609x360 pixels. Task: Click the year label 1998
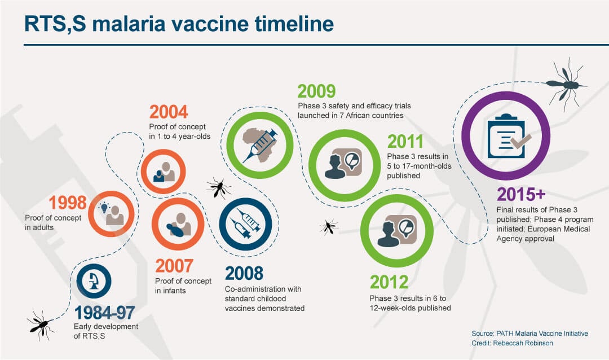pos(68,203)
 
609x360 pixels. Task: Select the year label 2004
pos(169,112)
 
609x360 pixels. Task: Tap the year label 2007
pos(174,266)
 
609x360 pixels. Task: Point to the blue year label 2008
pos(244,273)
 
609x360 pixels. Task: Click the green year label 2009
pos(316,91)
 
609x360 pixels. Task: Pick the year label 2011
pos(405,142)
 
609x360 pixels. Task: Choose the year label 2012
pos(389,282)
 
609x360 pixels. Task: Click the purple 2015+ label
pos(521,194)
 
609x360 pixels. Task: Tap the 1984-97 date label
pos(104,313)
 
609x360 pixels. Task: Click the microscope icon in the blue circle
pos(94,281)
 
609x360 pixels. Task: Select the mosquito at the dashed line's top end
pos(566,85)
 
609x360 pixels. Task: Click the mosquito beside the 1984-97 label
pos(41,325)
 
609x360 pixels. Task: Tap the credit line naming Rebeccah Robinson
pos(512,343)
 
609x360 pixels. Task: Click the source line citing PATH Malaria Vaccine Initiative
pos(529,333)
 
